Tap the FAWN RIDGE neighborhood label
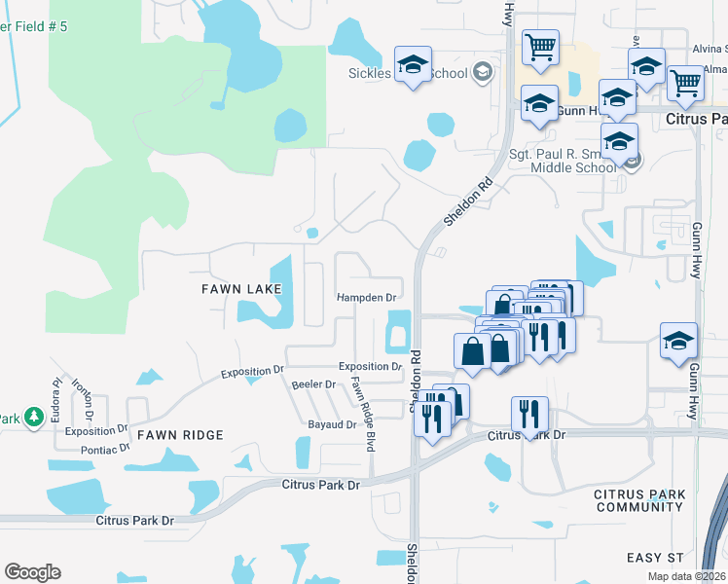pyautogui.click(x=180, y=434)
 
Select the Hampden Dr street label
pyautogui.click(x=367, y=297)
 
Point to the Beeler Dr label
pyautogui.click(x=313, y=384)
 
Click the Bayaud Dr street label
pyautogui.click(x=332, y=425)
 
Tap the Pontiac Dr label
pyautogui.click(x=103, y=449)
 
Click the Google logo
pyautogui.click(x=32, y=572)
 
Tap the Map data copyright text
pyautogui.click(x=687, y=576)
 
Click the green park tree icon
pyautogui.click(x=35, y=418)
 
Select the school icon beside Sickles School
pyautogui.click(x=413, y=65)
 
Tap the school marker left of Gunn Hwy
pyautogui.click(x=678, y=340)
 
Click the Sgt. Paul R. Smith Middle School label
pyautogui.click(x=563, y=161)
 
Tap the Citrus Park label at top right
pyautogui.click(x=695, y=118)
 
